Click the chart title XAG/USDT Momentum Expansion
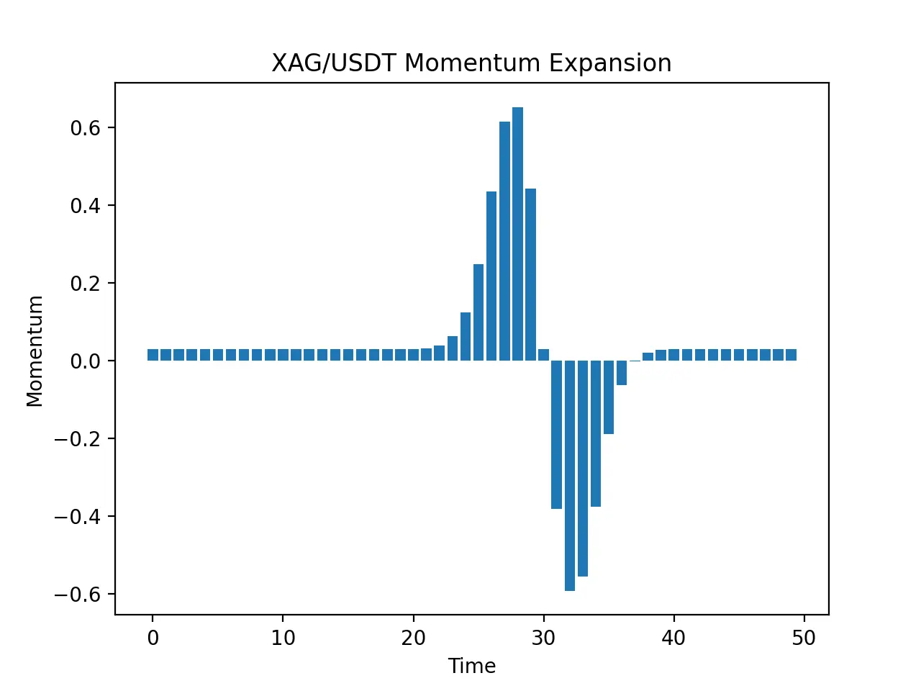471,63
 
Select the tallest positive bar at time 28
517,234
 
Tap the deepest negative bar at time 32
570,476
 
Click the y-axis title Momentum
35,351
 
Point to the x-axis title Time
471,666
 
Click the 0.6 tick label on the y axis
86,128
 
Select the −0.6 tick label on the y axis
78,595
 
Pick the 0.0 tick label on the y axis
86,361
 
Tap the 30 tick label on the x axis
543,638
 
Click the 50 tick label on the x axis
804,638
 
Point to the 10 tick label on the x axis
283,638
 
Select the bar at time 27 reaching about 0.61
505,241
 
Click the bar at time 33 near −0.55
583,469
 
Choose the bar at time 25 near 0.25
478,312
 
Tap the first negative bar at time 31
556,435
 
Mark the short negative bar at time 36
622,373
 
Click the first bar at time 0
153,355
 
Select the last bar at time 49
791,355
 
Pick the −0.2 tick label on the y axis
78,439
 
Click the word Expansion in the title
610,64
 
